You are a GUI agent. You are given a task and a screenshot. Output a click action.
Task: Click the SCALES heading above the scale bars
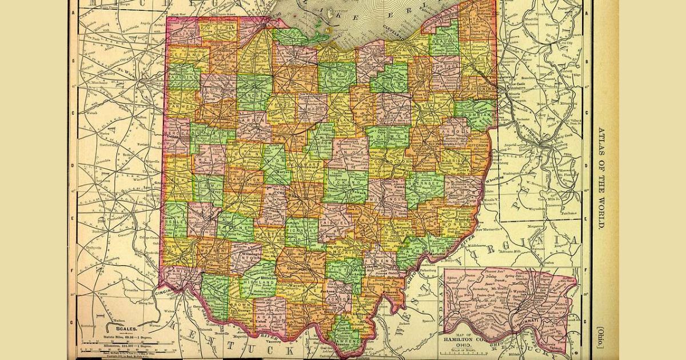[x=125, y=329]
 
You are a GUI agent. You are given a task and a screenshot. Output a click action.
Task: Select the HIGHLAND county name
[x=257, y=282]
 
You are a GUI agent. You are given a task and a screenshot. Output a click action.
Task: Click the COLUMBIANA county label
[x=476, y=115]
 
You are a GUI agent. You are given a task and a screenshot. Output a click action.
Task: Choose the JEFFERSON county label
[x=479, y=146]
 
